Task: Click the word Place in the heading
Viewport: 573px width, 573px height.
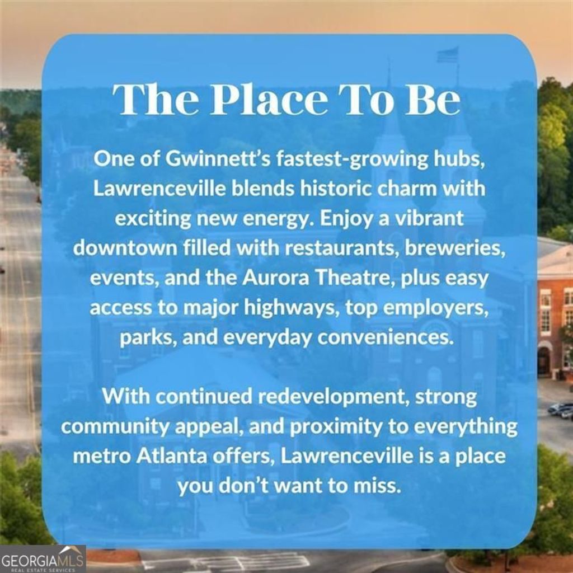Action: point(270,99)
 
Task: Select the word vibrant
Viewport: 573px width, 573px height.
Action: point(430,219)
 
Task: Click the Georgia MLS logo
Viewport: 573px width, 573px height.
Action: point(43,559)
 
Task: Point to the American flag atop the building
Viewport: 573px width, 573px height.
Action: point(448,55)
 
